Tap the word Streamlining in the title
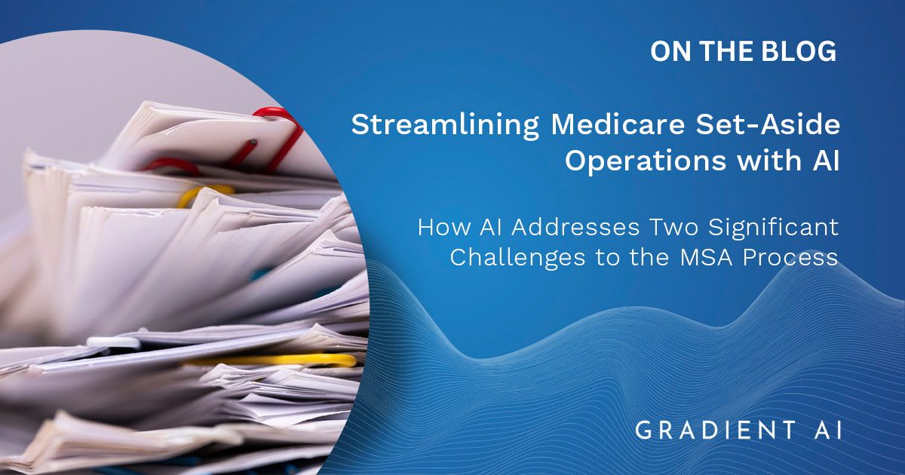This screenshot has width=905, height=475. (445, 125)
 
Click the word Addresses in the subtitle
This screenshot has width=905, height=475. (575, 228)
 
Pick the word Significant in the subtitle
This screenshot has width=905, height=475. (773, 228)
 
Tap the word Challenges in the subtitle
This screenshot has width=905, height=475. (517, 258)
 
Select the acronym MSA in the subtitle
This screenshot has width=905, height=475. (706, 257)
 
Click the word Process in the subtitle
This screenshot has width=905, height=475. (790, 258)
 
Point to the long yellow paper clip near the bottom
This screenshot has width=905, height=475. (275, 360)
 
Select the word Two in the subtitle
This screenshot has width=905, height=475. (674, 228)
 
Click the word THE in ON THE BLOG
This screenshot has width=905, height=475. (719, 51)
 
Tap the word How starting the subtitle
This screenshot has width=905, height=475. (444, 228)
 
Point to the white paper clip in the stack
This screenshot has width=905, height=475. (113, 342)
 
